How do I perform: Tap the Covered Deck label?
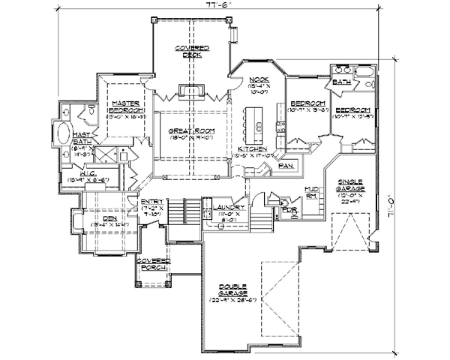coord(193,51)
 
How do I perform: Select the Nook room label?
coord(259,79)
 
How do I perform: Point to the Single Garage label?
coord(350,183)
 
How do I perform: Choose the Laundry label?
coord(226,207)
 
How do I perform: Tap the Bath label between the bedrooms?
coord(342,81)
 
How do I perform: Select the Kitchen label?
coord(249,149)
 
